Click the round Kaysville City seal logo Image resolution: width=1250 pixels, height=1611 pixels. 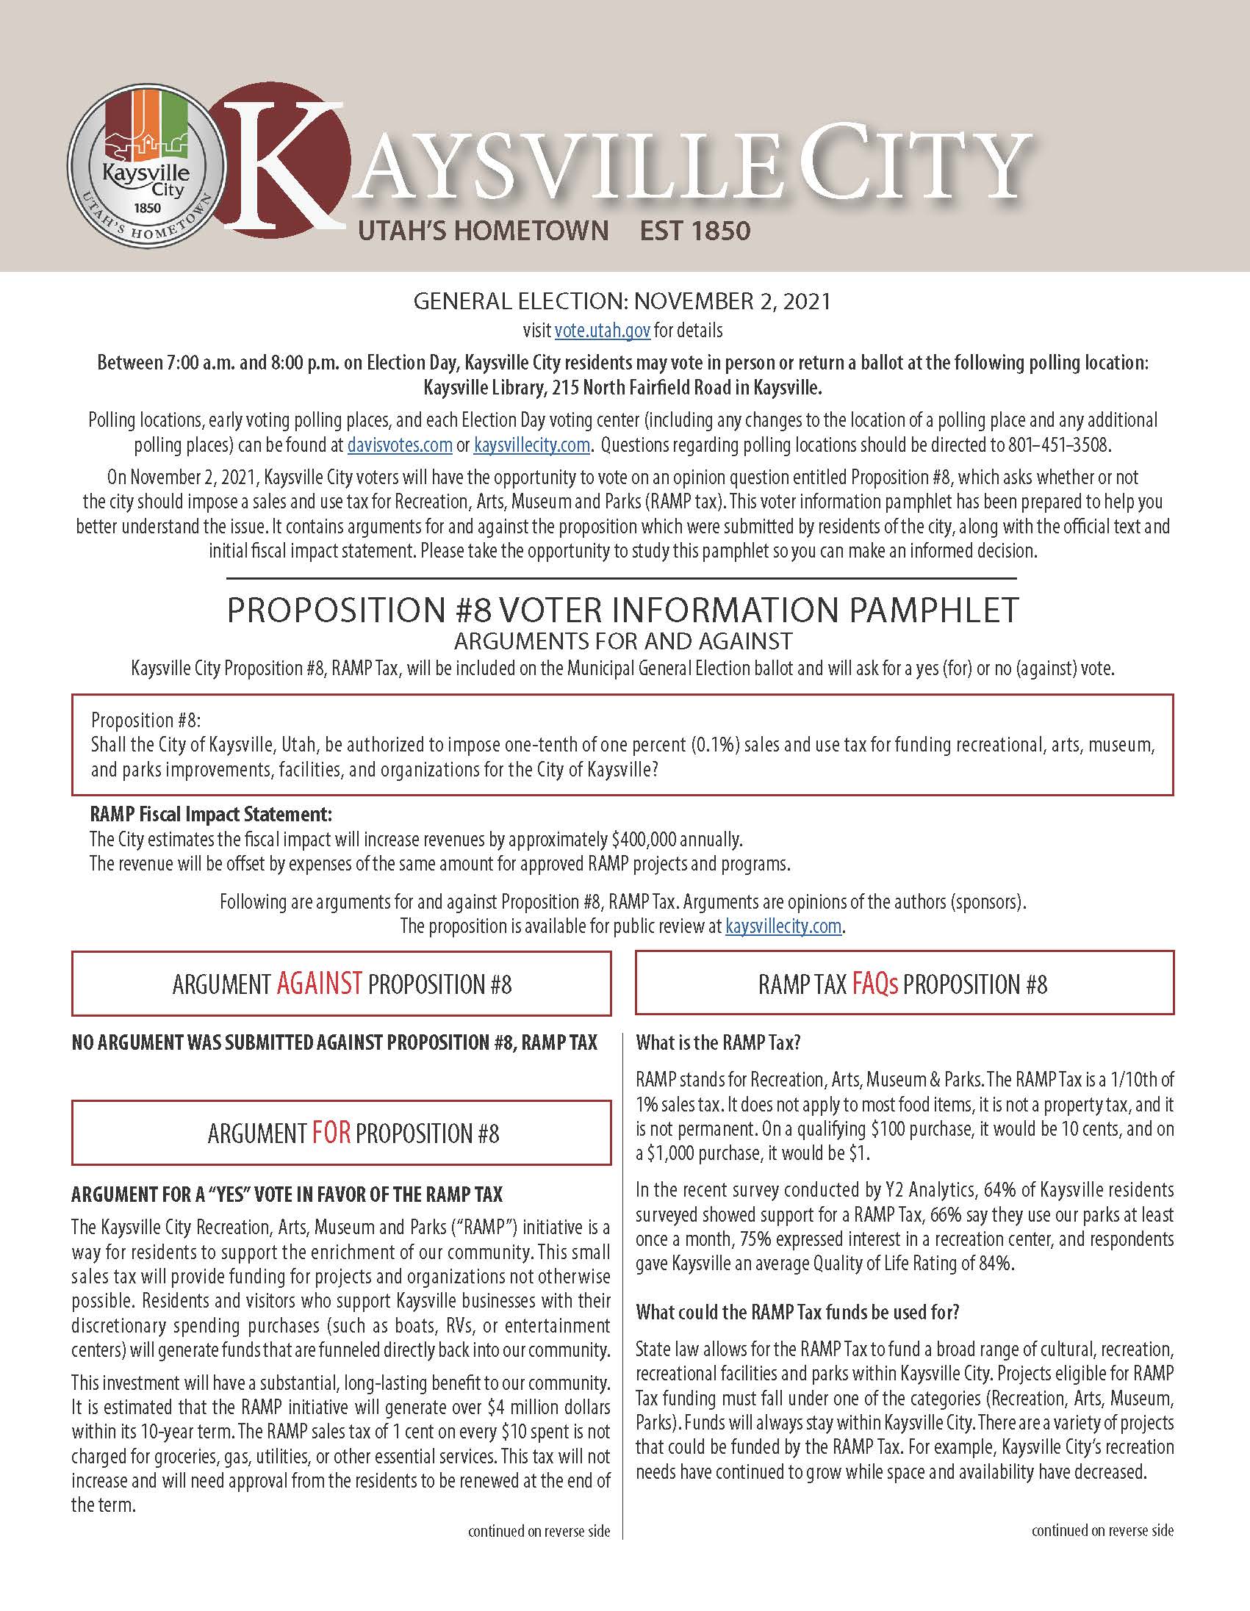click(x=147, y=165)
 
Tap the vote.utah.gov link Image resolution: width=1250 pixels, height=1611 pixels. click(x=602, y=331)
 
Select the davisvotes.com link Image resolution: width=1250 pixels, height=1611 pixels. click(x=399, y=444)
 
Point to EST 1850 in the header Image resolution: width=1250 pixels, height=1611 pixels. click(x=694, y=231)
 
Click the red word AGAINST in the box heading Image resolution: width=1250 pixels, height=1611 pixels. click(x=320, y=984)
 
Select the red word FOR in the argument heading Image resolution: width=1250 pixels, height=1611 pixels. click(x=331, y=1133)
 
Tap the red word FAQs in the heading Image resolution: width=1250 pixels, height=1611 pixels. click(x=874, y=984)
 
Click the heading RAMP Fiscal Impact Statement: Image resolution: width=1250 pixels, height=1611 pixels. click(x=211, y=815)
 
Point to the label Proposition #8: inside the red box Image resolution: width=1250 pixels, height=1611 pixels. click(x=146, y=720)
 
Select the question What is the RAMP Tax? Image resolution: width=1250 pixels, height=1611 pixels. click(x=718, y=1042)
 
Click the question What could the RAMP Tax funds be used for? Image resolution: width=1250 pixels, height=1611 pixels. click(x=797, y=1312)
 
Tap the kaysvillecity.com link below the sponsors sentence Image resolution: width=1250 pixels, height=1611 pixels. click(x=783, y=926)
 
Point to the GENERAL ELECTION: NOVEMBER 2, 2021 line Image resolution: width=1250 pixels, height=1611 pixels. click(x=622, y=301)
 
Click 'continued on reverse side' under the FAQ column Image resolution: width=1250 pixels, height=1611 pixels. click(x=1102, y=1531)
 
